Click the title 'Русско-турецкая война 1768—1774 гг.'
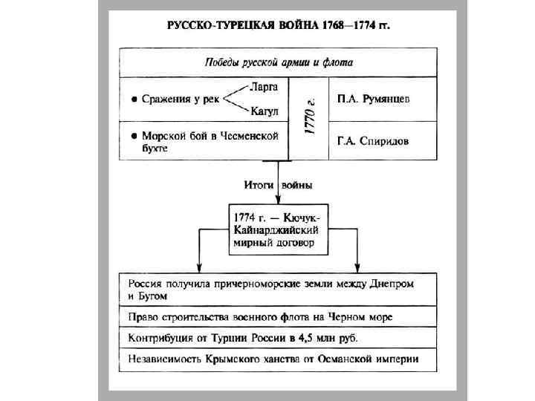point(278,25)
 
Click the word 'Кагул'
point(265,112)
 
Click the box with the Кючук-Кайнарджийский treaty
point(279,229)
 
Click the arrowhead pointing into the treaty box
point(279,201)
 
